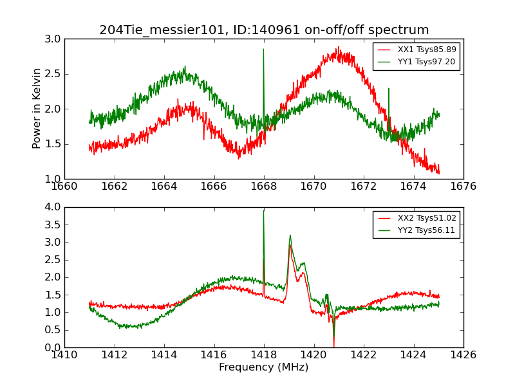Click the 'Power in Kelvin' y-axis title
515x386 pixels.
37,109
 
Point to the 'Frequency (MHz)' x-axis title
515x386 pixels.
264,367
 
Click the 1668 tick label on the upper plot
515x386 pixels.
264,187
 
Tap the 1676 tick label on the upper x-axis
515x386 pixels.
464,187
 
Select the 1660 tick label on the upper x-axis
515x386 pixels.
64,187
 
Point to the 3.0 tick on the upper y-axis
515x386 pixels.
53,39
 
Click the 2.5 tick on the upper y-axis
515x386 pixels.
53,74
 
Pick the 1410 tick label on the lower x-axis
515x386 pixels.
64,355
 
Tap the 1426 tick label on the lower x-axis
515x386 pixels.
464,355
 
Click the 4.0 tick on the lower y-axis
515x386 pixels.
53,207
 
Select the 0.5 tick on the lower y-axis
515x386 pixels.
53,330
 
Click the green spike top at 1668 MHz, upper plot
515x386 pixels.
263,50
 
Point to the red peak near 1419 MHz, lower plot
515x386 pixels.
290,245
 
